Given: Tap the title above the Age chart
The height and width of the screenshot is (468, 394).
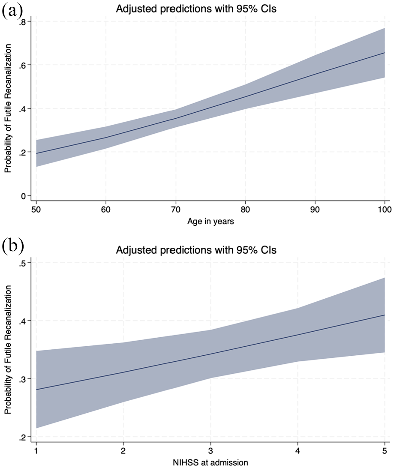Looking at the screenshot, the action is (x=196, y=9).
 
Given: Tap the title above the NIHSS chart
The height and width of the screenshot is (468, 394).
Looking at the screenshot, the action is (x=196, y=250).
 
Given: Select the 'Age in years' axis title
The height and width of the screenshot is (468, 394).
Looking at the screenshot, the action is (x=211, y=222).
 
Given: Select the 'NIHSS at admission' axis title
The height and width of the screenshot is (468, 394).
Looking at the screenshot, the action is (x=211, y=462).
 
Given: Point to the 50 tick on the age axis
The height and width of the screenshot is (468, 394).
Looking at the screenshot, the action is (x=36, y=209).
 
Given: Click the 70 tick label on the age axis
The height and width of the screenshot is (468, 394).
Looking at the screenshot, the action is (x=175, y=209).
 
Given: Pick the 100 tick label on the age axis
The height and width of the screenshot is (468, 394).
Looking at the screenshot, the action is (x=385, y=209).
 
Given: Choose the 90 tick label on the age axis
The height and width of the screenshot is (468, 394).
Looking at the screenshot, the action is (x=315, y=209).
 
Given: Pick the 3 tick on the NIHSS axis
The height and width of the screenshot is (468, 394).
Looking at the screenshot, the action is (x=211, y=450).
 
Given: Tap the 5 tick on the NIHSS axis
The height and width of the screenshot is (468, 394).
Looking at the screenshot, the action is (x=385, y=450).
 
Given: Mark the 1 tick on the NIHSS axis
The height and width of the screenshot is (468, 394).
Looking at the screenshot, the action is (x=36, y=450).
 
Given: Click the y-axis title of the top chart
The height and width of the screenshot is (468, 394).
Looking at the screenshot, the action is (x=8, y=108).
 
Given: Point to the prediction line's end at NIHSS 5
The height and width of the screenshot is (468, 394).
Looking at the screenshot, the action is (x=385, y=315).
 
